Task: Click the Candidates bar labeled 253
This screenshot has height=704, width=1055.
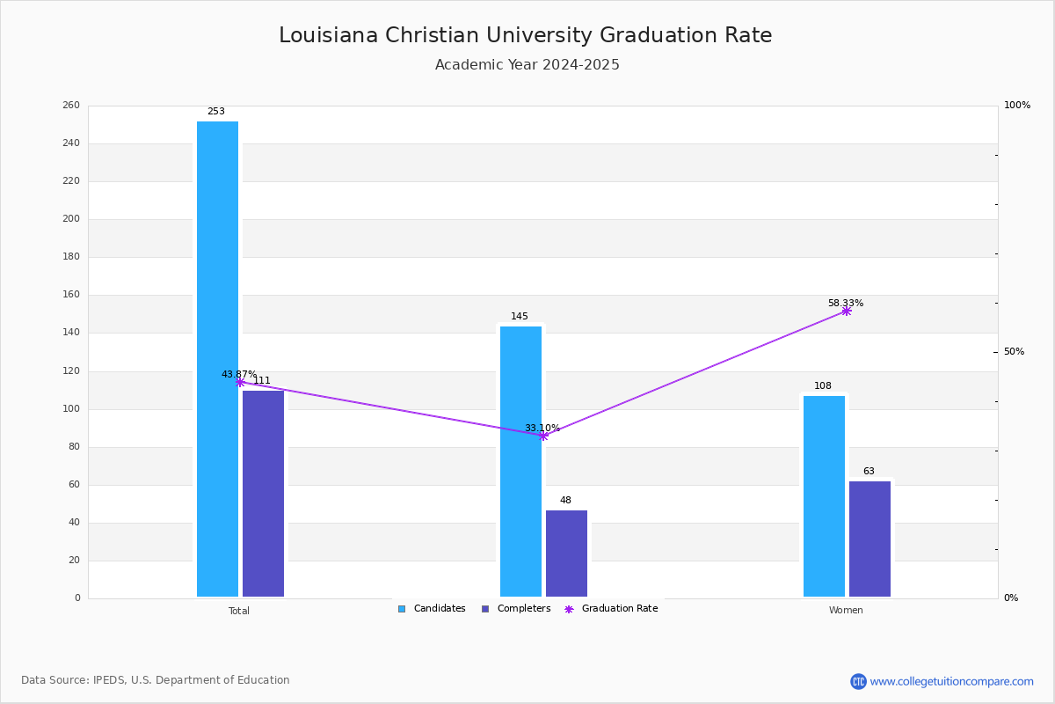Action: [218, 359]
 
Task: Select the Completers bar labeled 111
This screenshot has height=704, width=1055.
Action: [263, 494]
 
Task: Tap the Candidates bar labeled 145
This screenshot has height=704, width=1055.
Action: [520, 462]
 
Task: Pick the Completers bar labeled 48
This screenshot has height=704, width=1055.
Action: [566, 554]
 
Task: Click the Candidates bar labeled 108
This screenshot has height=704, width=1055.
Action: [825, 496]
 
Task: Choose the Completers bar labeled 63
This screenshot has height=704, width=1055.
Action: [869, 539]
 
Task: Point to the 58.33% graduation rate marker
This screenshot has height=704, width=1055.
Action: [847, 312]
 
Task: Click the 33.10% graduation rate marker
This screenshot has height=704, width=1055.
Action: [543, 436]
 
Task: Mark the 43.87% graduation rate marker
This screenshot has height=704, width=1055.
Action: [240, 383]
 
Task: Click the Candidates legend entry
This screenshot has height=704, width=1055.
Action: [432, 609]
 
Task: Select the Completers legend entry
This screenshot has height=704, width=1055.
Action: [516, 609]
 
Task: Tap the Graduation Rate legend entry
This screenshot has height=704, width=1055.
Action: [611, 609]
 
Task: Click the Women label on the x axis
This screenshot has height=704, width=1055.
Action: [846, 610]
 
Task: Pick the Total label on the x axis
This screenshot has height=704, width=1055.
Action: [239, 611]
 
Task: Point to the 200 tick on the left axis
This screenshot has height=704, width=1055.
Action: [71, 219]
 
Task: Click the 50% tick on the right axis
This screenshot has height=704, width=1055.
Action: [1014, 352]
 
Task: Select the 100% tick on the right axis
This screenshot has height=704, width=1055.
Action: [1017, 105]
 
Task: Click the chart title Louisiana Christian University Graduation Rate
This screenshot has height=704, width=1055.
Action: [526, 35]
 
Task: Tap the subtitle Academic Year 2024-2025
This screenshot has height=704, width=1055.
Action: [527, 64]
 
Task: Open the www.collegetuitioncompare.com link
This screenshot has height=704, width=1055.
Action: [951, 681]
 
